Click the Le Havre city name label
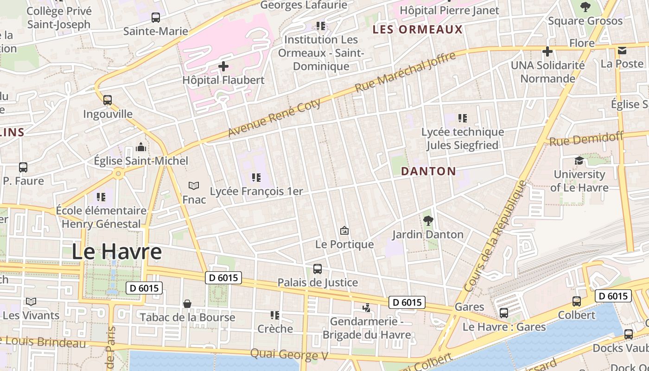[x=116, y=252]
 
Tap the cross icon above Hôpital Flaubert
[x=223, y=66]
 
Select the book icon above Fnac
[x=194, y=185]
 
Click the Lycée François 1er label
[x=256, y=192]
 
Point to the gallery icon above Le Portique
[x=344, y=230]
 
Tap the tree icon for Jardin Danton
[x=428, y=220]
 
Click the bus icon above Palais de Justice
[x=318, y=269]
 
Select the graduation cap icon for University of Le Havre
[x=579, y=160]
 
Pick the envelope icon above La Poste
[x=622, y=50]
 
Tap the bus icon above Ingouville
[x=108, y=100]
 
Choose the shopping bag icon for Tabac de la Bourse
[x=187, y=304]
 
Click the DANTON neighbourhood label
[x=428, y=171]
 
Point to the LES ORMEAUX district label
[x=418, y=30]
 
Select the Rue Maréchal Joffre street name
[x=405, y=72]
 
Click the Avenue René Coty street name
[x=274, y=118]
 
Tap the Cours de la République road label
[x=496, y=236]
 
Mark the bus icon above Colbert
[x=577, y=301]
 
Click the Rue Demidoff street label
[x=586, y=139]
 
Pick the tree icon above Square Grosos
[x=585, y=7]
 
